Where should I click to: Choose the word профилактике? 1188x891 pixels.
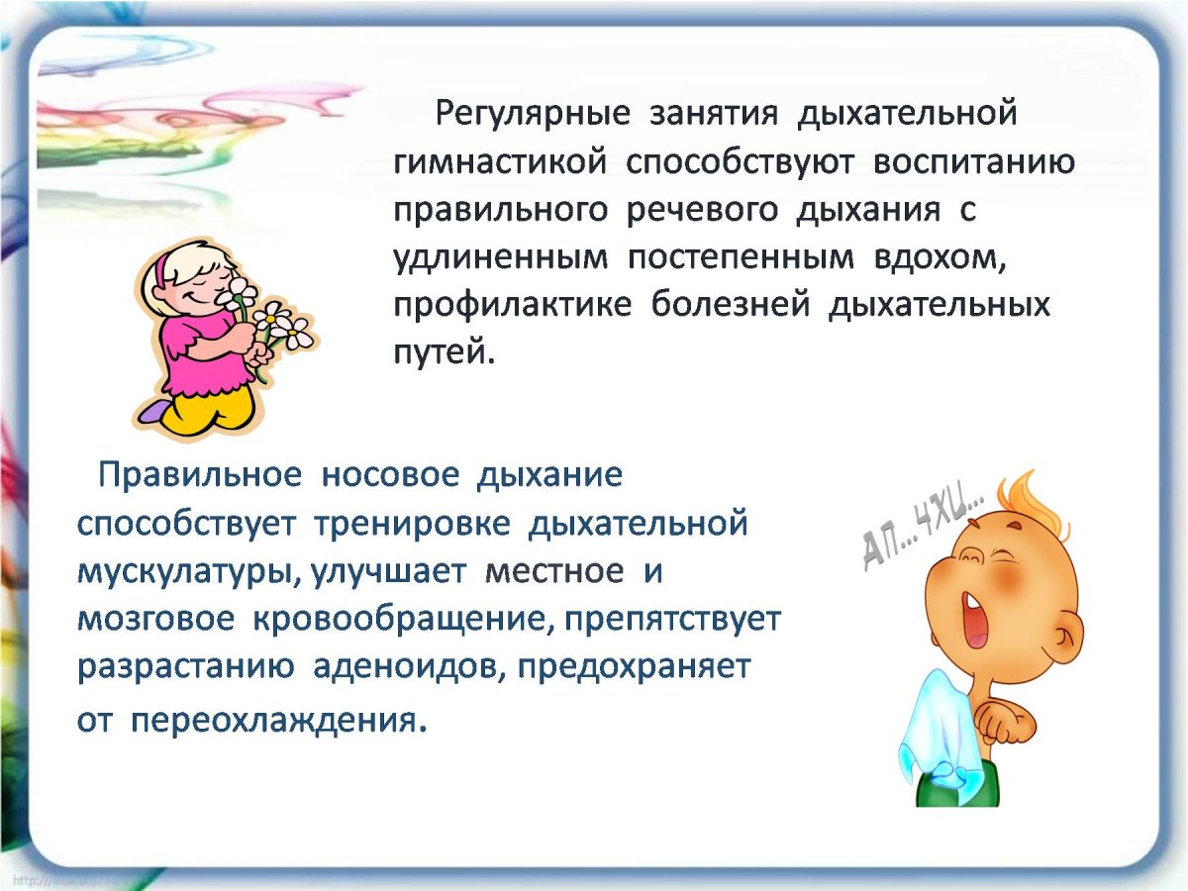click(512, 305)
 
